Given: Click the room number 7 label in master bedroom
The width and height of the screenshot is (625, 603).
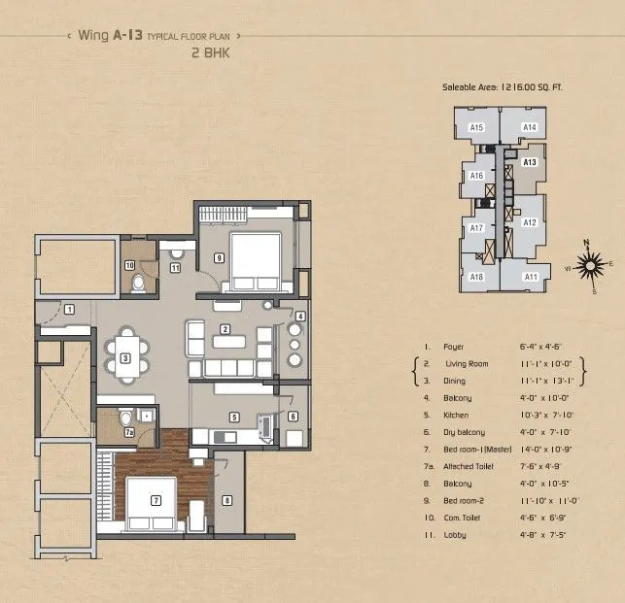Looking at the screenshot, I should pos(155,501).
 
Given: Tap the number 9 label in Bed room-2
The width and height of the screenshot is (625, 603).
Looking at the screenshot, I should pos(220,257).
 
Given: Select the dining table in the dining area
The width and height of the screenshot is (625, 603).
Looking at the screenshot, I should pos(126,356).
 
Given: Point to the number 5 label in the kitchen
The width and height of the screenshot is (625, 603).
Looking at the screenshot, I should pos(233,418).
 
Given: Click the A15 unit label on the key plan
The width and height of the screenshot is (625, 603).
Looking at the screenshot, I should pos(476,127).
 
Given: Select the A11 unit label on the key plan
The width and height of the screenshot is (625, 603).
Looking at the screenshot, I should pos(531,278).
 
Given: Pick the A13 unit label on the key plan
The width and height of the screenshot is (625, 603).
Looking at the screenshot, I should pos(530,162).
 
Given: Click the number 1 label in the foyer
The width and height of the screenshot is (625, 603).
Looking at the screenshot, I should pos(70,309).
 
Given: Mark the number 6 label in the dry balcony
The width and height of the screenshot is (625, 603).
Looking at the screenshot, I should pos(293,417).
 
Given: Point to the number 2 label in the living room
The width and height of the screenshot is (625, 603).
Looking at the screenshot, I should pos(225,329).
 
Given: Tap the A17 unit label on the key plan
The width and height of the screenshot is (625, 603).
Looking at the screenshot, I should pos(476,227).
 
